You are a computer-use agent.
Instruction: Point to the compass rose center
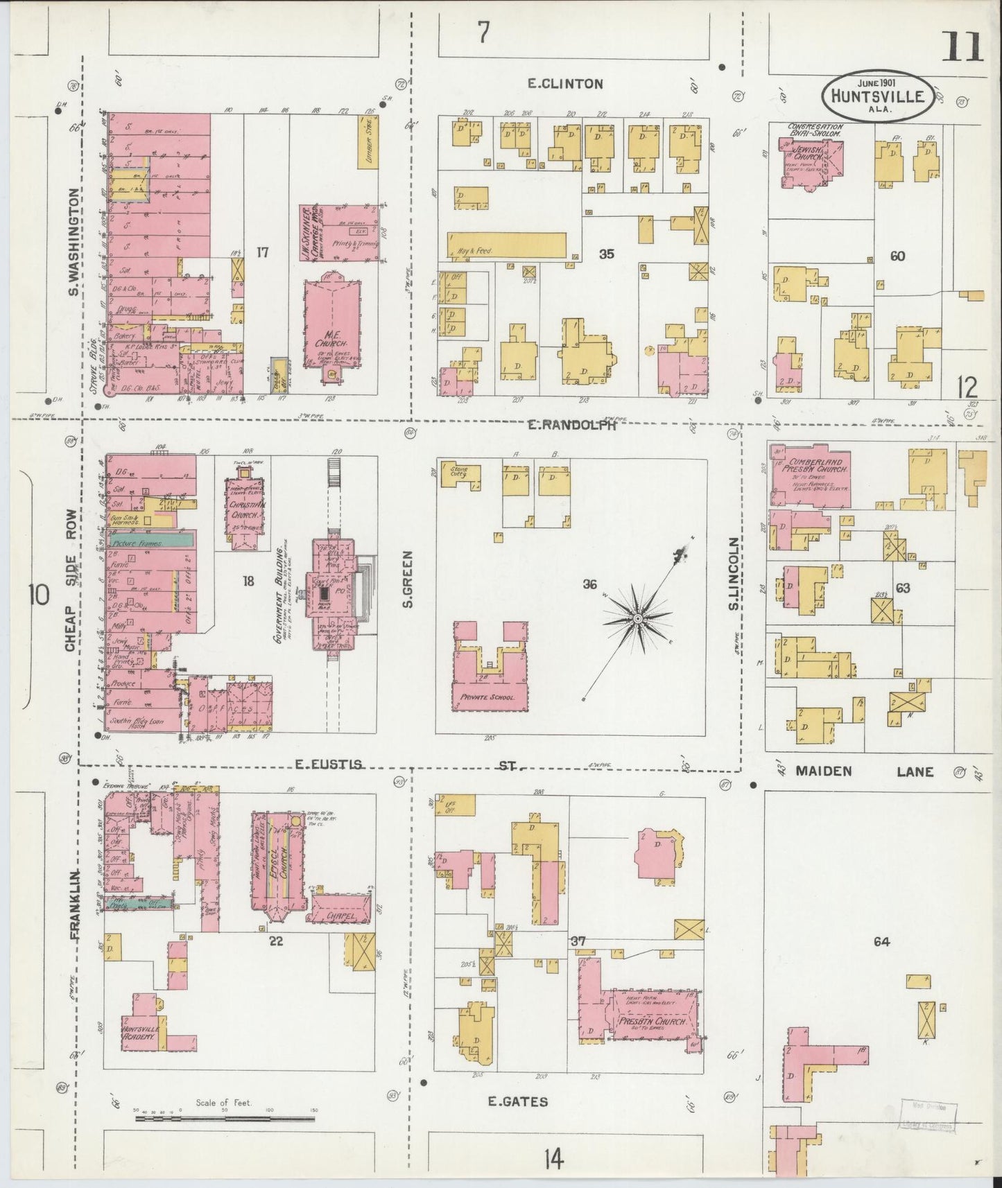(637, 617)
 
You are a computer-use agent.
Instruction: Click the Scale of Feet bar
(225, 1117)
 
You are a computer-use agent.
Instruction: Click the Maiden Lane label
(864, 771)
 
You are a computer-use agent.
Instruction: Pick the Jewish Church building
(810, 161)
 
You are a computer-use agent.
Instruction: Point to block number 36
(589, 585)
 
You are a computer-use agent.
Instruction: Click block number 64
(881, 941)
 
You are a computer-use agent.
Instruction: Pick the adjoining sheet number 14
(553, 1158)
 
